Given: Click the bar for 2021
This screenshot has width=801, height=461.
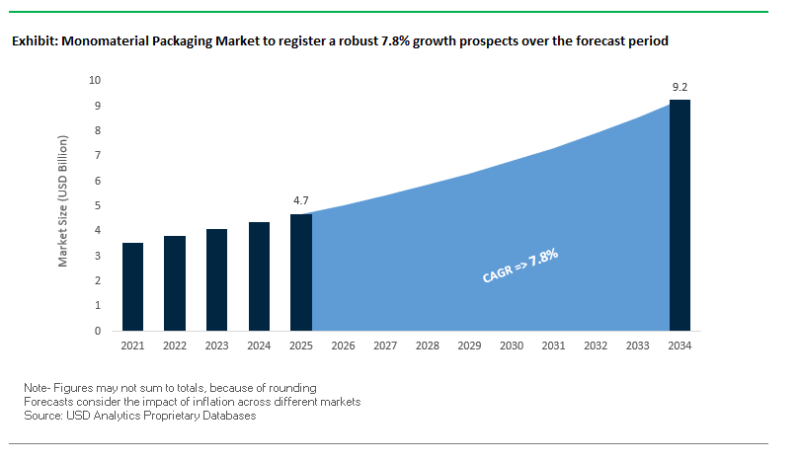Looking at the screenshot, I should [x=132, y=287].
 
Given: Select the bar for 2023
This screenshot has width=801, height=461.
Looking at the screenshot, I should [x=217, y=280].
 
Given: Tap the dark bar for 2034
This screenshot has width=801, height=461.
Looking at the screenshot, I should [x=680, y=215].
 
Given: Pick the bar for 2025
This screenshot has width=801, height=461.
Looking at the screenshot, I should [x=301, y=272].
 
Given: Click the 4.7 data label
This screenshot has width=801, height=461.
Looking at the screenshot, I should [x=301, y=200].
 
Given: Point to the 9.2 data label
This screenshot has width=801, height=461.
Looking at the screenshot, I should [x=680, y=88].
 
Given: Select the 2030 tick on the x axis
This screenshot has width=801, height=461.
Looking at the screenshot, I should [x=512, y=346].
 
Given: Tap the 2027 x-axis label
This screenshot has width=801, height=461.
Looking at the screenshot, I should [x=385, y=346].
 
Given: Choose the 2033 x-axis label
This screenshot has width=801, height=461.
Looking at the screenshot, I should [x=638, y=346].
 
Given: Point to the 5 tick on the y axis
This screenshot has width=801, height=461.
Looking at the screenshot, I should [x=98, y=205].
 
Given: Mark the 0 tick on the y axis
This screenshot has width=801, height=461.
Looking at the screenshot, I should [x=98, y=332].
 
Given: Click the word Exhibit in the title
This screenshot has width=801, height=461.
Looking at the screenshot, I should [x=34, y=42].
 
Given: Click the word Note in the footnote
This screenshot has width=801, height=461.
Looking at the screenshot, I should [x=37, y=388].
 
